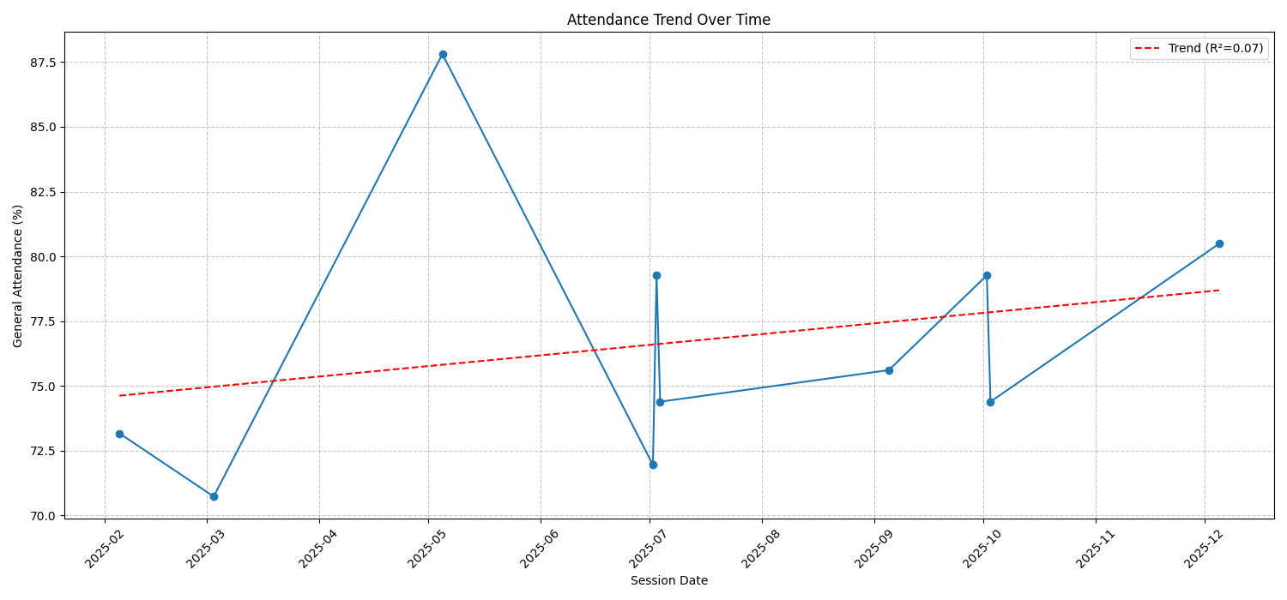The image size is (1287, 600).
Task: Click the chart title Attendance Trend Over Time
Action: pyautogui.click(x=668, y=20)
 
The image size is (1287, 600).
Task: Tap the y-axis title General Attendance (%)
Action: pyautogui.click(x=18, y=275)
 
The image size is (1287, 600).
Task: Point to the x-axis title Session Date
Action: pyautogui.click(x=668, y=581)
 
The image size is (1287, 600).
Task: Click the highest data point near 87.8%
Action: pyautogui.click(x=443, y=54)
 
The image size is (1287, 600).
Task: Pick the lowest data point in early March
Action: pyautogui.click(x=214, y=496)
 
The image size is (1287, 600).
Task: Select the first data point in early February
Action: pyautogui.click(x=119, y=434)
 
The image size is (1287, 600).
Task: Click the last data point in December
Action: pyautogui.click(x=1219, y=243)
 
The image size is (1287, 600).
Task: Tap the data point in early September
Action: pyautogui.click(x=889, y=370)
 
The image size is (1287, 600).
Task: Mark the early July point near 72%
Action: pyautogui.click(x=653, y=465)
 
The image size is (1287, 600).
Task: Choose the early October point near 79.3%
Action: pyautogui.click(x=987, y=275)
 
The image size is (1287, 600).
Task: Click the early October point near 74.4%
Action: pyautogui.click(x=990, y=402)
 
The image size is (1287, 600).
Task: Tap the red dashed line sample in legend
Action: pyautogui.click(x=1148, y=49)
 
